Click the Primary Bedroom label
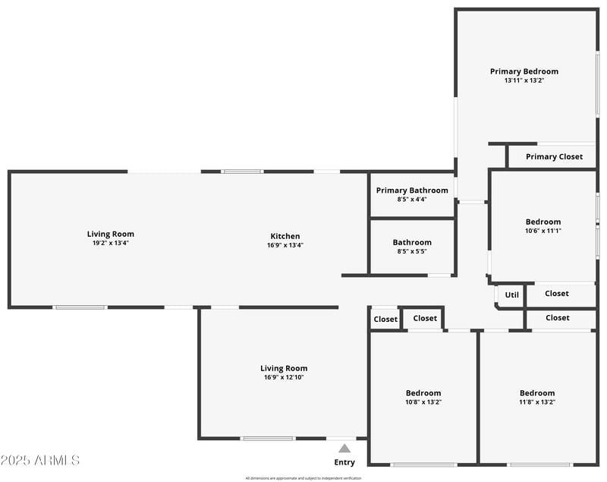coord(524,71)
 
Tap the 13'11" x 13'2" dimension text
coord(524,80)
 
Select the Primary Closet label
coord(554,157)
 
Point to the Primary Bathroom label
coord(412,191)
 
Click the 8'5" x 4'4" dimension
coord(412,200)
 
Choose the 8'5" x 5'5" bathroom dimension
coord(412,252)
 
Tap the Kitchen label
coord(285,236)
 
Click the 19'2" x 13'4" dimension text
coord(110,244)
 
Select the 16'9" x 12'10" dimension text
coord(285,377)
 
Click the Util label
coord(512,295)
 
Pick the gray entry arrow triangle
coord(344,449)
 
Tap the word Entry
coord(344,462)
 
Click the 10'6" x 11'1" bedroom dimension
coord(543,231)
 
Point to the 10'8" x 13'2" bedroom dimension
coord(423,402)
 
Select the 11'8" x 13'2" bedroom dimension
coord(537,402)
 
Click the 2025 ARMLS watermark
coord(40,460)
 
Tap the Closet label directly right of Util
coord(556,294)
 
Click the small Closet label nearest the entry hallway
coord(385,320)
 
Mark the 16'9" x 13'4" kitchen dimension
coord(285,245)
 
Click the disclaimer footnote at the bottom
coord(303,478)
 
